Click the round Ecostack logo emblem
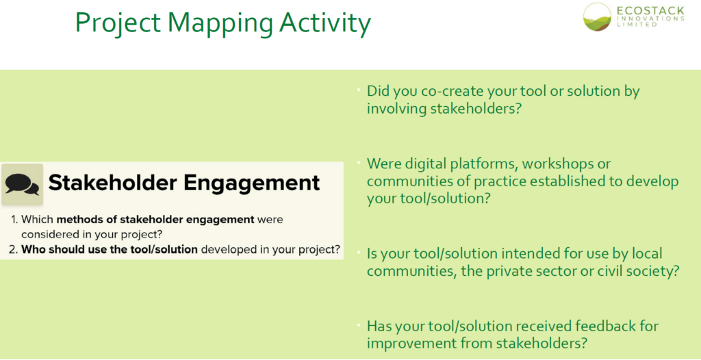pos(597,16)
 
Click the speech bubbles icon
pos(22,184)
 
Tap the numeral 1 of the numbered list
pos(14,220)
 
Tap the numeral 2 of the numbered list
pos(14,249)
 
